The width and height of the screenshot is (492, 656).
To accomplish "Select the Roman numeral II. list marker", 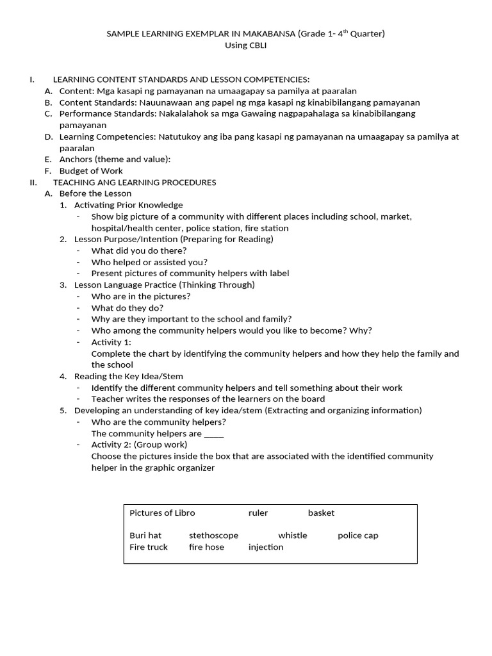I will [33, 182].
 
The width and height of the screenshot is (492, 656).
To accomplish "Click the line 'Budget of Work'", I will [91, 170].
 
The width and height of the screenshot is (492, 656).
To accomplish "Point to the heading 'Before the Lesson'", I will [95, 193].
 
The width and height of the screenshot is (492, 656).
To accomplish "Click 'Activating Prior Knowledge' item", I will [128, 205].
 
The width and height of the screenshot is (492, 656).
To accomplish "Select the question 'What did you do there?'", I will [139, 250].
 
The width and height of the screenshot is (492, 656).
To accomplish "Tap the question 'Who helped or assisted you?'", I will [149, 262].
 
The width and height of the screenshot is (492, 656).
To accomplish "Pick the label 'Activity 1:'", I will [111, 342].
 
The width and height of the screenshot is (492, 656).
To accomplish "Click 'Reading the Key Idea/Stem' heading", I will [128, 376].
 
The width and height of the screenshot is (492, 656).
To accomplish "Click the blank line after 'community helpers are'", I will [214, 434].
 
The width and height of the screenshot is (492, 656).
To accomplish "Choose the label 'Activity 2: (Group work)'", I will [139, 445].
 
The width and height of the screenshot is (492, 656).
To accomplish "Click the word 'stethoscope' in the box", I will [213, 536].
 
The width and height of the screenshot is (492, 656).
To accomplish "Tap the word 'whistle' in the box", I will [293, 536].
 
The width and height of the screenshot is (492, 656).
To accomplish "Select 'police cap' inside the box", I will [357, 536].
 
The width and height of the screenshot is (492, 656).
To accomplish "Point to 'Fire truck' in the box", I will [149, 547].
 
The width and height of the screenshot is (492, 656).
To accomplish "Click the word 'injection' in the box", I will [266, 547].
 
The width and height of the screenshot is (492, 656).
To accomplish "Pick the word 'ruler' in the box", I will [258, 512].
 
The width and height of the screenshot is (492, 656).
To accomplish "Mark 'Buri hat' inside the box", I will [145, 536].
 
